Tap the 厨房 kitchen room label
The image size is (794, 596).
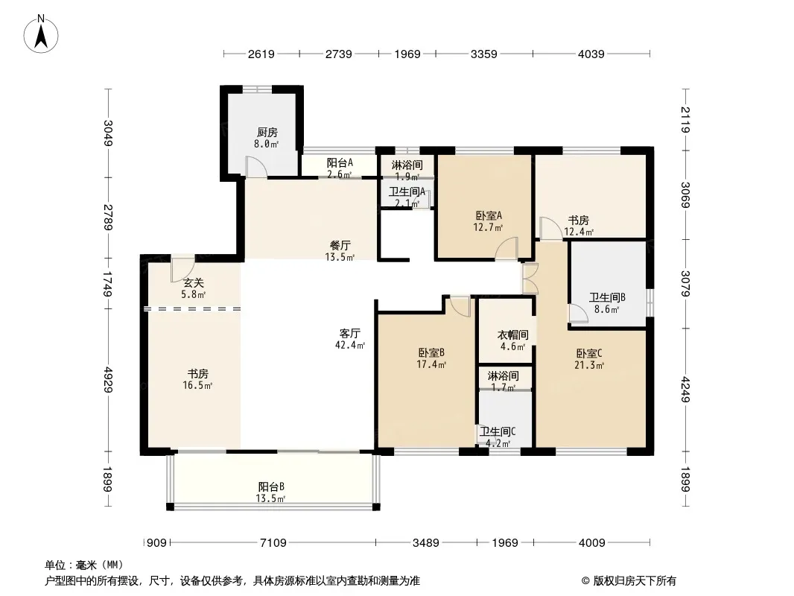pyautogui.click(x=267, y=133)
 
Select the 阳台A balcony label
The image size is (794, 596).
pyautogui.click(x=339, y=163)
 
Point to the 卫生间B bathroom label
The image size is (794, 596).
pyautogui.click(x=606, y=298)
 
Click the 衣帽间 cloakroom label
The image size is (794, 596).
pyautogui.click(x=512, y=335)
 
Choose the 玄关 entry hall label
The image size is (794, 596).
pyautogui.click(x=194, y=282)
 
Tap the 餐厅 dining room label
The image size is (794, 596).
pyautogui.click(x=340, y=246)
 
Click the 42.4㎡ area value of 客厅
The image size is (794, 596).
pyautogui.click(x=350, y=346)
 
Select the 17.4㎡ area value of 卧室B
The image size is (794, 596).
pyautogui.click(x=431, y=364)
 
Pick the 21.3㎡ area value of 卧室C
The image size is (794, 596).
pyautogui.click(x=589, y=364)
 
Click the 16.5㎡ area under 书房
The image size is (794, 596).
pyautogui.click(x=197, y=385)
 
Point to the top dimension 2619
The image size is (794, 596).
pyautogui.click(x=261, y=54)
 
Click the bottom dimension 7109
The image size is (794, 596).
pyautogui.click(x=273, y=543)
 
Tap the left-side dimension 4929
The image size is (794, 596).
pyautogui.click(x=108, y=379)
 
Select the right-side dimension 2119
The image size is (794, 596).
pyautogui.click(x=685, y=119)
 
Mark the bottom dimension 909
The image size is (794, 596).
pyautogui.click(x=156, y=543)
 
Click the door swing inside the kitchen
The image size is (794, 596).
pyautogui.click(x=256, y=167)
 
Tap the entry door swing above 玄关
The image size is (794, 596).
pyautogui.click(x=182, y=270)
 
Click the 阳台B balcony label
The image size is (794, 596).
pyautogui.click(x=271, y=486)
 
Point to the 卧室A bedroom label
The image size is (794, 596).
pyautogui.click(x=489, y=216)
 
